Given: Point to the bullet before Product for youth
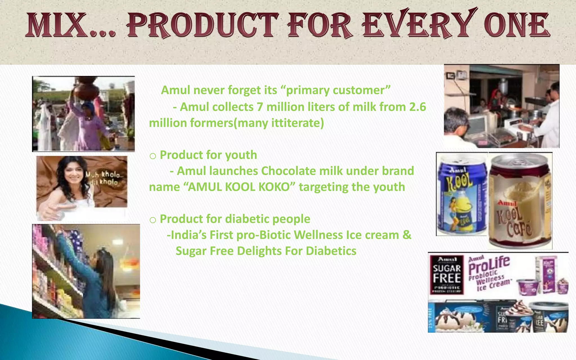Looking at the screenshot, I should pos(153,156).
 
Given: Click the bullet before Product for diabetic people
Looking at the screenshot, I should pos(153,220).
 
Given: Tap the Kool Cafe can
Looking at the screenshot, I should pos(520,201).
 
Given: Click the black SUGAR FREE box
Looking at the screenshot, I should pos(447,274).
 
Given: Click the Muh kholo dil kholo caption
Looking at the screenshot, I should pos(104,178).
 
